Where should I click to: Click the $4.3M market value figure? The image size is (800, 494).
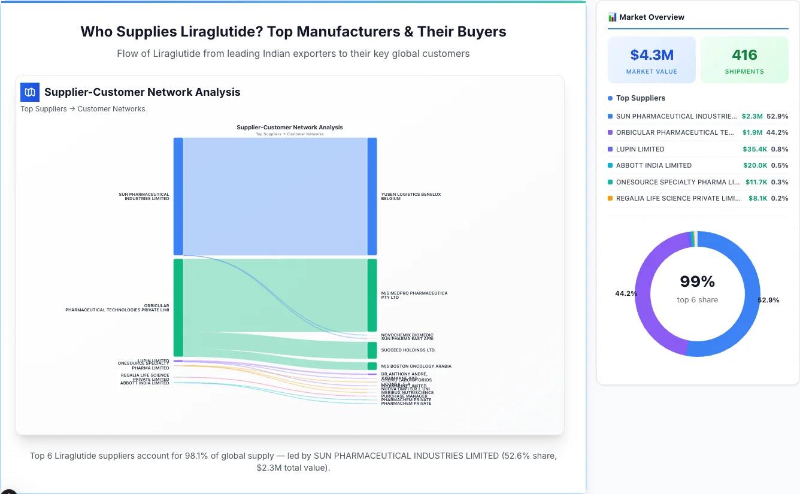click(651, 55)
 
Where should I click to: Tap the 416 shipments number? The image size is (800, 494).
click(744, 55)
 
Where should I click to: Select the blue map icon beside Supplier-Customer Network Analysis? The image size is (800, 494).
click(30, 92)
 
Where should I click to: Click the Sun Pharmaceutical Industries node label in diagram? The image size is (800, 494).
click(144, 196)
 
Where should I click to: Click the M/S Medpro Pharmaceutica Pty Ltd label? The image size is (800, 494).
click(414, 295)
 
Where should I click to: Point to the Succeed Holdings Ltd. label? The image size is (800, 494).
click(408, 350)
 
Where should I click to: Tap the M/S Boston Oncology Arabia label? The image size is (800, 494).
click(416, 366)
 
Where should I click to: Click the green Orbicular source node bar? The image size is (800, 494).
click(178, 307)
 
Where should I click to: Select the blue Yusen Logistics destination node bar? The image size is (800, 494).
click(372, 196)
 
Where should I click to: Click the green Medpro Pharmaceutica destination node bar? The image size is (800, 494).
click(372, 295)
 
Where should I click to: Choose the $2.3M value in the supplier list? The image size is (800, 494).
click(751, 116)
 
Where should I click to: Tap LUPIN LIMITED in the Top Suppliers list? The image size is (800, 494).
click(640, 149)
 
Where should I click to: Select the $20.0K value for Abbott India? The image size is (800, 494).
click(750, 165)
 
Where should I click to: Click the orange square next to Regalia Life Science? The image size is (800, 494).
click(610, 198)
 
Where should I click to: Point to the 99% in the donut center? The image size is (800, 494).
click(698, 281)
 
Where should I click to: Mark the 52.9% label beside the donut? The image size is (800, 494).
click(768, 300)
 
